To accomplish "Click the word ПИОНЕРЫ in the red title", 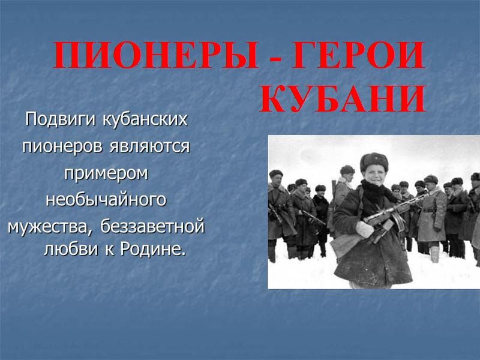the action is coord(156,55).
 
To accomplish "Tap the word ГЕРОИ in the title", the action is coord(358,55).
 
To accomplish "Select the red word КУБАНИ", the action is coord(343,98).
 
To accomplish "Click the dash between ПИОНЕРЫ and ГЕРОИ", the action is coord(275,58).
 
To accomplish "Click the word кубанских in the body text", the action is coord(145,119).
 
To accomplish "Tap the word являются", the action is coord(149,146).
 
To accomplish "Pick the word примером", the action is coord(106,174).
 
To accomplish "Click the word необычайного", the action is coord(106,200).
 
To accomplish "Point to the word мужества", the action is coord(49,227).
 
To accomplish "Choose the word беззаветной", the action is coord(152,227).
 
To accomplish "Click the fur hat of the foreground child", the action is coord(374,161).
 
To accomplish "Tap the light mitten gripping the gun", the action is coord(364,229).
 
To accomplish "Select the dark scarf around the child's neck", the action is coord(377,190).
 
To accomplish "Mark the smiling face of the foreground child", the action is coord(374,176).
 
